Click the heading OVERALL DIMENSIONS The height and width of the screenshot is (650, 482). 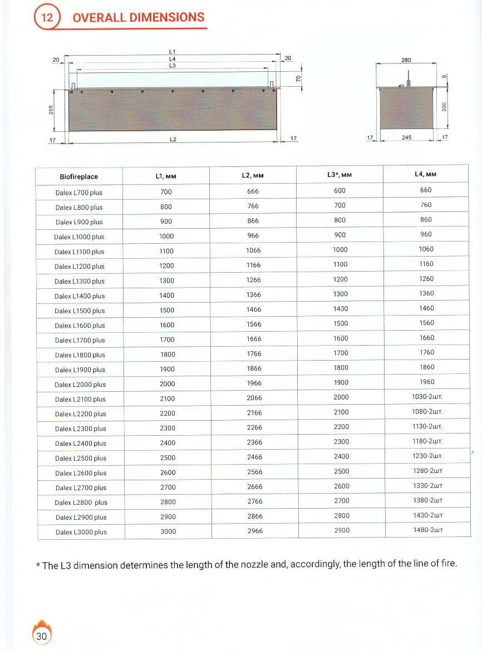[x=139, y=17]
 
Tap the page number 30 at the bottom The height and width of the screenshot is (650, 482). [x=42, y=636]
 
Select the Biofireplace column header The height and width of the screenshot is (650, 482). [x=78, y=177]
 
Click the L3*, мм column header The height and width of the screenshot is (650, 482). [x=340, y=175]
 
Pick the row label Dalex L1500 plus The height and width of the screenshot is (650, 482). [x=80, y=311]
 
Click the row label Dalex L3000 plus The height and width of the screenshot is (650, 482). [x=81, y=532]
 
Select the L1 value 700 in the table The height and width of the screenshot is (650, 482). [x=166, y=192]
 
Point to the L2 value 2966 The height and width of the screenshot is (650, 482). [x=254, y=531]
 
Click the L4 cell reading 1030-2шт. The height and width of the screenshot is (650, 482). [x=427, y=397]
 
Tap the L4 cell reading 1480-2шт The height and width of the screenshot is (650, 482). [x=427, y=530]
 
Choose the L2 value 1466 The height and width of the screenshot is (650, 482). [x=253, y=309]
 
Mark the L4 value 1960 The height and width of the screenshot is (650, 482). [x=427, y=382]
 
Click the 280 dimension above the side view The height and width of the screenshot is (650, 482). [x=406, y=59]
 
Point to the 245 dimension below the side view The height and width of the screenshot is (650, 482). [x=406, y=137]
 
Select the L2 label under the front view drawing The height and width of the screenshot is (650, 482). [x=173, y=139]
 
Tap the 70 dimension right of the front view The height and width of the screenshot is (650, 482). [x=298, y=79]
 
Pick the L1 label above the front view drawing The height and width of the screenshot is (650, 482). [x=173, y=52]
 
